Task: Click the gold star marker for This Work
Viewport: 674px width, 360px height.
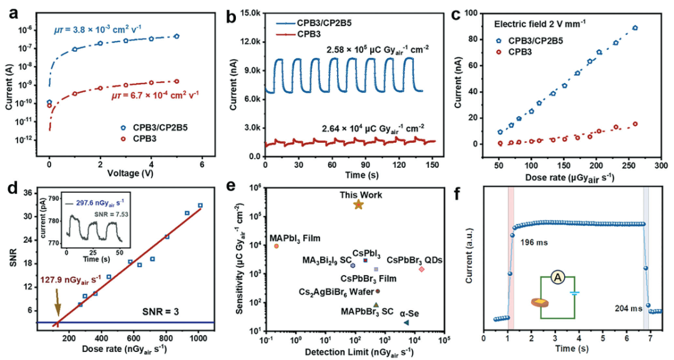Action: [358, 204]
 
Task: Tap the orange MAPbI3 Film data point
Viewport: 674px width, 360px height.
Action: [276, 246]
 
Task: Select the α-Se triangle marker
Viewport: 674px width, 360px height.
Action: [406, 323]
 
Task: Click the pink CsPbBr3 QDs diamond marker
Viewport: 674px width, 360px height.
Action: [422, 269]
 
